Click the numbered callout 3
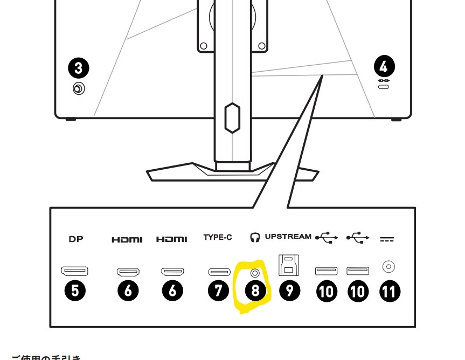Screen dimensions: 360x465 (79, 68)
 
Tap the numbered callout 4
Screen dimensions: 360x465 (384, 67)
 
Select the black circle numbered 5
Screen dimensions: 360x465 (75, 291)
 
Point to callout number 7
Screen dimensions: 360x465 (218, 291)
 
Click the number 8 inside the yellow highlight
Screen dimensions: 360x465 (255, 291)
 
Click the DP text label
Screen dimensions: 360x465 (76, 239)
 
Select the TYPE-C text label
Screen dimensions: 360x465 (218, 237)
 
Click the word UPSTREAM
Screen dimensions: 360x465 (288, 237)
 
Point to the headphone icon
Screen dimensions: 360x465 (255, 237)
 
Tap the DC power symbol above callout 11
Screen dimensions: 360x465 (387, 239)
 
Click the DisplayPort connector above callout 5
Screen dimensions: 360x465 (75, 271)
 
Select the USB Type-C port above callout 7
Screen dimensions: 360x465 (219, 272)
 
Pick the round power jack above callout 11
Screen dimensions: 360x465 (388, 266)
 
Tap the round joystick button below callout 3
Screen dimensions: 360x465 (79, 88)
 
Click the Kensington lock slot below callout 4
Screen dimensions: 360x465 (384, 86)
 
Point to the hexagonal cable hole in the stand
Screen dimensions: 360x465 (232, 117)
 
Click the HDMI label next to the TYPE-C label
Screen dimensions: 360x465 (172, 239)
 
